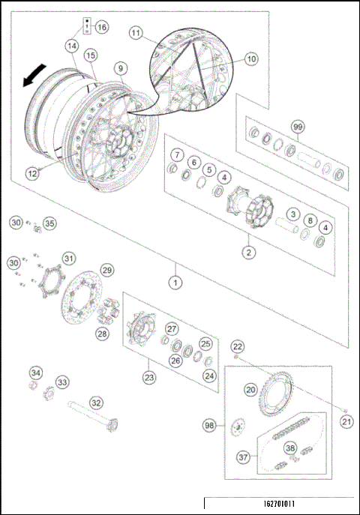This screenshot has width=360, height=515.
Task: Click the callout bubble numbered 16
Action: (101, 27)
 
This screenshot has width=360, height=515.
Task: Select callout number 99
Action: (299, 128)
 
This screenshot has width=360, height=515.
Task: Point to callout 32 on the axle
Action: (96, 403)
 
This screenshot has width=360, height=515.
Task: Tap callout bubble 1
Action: (175, 283)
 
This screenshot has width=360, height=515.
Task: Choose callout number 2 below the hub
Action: (247, 252)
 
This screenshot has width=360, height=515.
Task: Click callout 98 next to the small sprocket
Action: (210, 425)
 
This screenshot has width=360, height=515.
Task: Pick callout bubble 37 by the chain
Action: (243, 457)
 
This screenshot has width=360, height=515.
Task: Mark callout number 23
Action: (150, 377)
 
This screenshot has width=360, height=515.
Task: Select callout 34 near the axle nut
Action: (36, 373)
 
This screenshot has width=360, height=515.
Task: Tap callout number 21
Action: (346, 422)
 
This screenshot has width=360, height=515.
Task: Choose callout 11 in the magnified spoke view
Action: (136, 33)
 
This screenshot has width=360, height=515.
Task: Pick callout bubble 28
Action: (101, 334)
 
